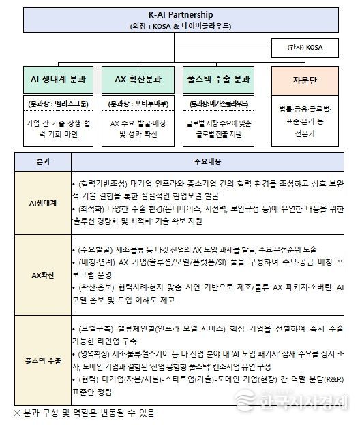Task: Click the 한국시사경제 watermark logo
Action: [x=290, y=400]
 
